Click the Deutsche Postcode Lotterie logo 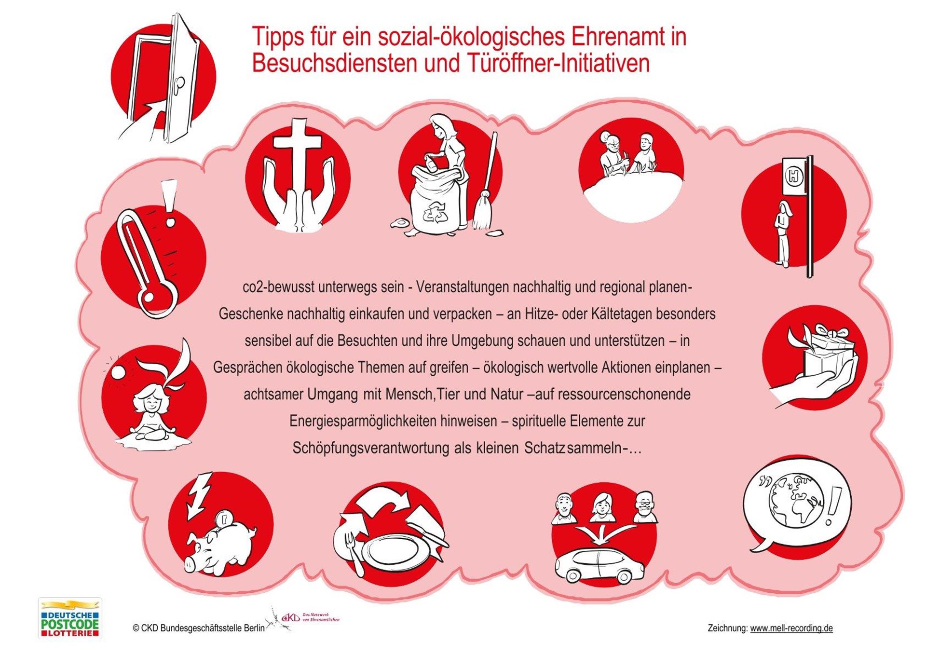pos(70,618)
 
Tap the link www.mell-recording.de pos(791,628)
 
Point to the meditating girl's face pos(150,400)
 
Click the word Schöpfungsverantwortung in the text pos(371,448)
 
